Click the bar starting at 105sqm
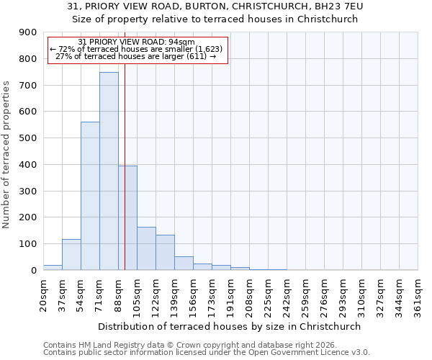(146, 248)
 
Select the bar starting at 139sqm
(184, 263)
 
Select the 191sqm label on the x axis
(230, 295)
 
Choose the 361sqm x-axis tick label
(418, 295)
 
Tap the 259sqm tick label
(305, 295)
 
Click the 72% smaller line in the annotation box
(137, 49)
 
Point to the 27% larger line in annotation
(137, 56)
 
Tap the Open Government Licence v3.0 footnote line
(207, 353)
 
